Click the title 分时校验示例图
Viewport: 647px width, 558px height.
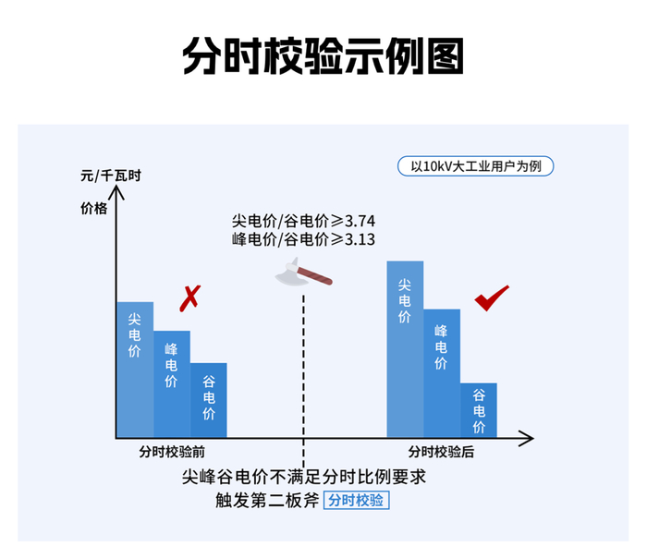[x=323, y=56]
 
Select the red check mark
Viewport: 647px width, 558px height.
[x=492, y=297]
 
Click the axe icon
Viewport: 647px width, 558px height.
[x=302, y=274]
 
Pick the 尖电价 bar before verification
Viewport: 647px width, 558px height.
[x=135, y=370]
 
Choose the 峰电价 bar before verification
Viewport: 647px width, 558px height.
[x=172, y=383]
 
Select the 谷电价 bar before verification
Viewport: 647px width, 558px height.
[x=209, y=399]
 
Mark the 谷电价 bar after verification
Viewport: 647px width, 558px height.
[x=479, y=409]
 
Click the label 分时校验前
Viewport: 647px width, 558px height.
[x=172, y=452]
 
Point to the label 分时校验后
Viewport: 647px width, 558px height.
[x=442, y=452]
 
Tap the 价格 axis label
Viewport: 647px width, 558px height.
[x=94, y=209]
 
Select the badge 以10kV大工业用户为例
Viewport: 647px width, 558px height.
[x=475, y=167]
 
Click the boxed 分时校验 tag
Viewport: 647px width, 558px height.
[x=357, y=501]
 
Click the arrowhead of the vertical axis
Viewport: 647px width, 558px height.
[x=117, y=192]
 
